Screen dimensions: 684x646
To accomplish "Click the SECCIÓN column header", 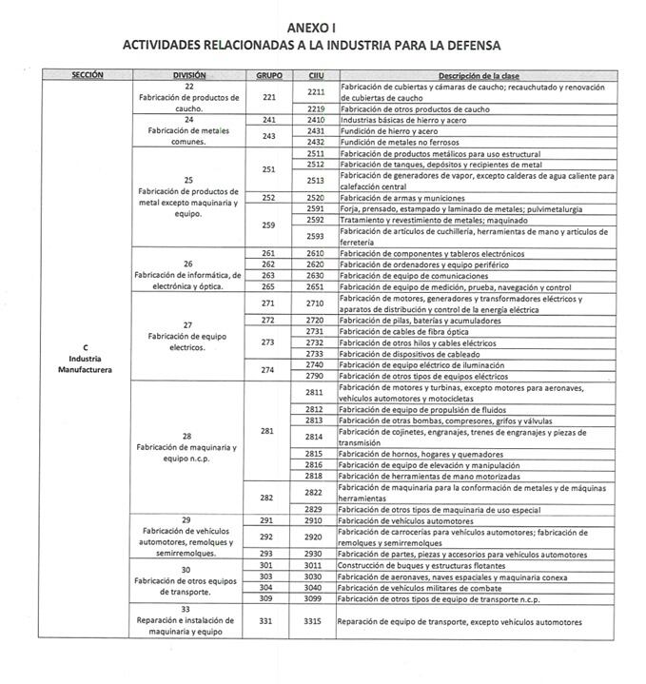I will pyautogui.click(x=87, y=74).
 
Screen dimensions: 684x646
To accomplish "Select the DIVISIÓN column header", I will pyautogui.click(x=189, y=74).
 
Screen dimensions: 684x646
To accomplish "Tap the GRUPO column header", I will pyautogui.click(x=269, y=74).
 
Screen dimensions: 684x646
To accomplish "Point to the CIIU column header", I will pyautogui.click(x=315, y=74).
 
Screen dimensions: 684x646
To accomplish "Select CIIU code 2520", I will pyautogui.click(x=315, y=198).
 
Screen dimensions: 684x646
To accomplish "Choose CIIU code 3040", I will pyautogui.click(x=315, y=589).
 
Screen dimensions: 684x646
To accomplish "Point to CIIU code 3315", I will pyautogui.click(x=315, y=621).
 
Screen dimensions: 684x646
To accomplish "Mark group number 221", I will pyautogui.click(x=269, y=98).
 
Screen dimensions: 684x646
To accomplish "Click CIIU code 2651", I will pyautogui.click(x=315, y=286).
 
